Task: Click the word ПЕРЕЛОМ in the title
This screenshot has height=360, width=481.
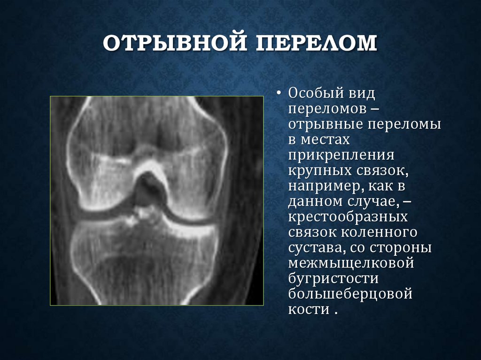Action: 316,44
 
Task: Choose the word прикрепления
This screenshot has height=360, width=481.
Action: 341,155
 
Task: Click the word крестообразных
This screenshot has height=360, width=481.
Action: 348,217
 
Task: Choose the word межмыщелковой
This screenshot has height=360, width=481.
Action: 351,264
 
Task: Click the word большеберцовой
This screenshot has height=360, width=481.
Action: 350,295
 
